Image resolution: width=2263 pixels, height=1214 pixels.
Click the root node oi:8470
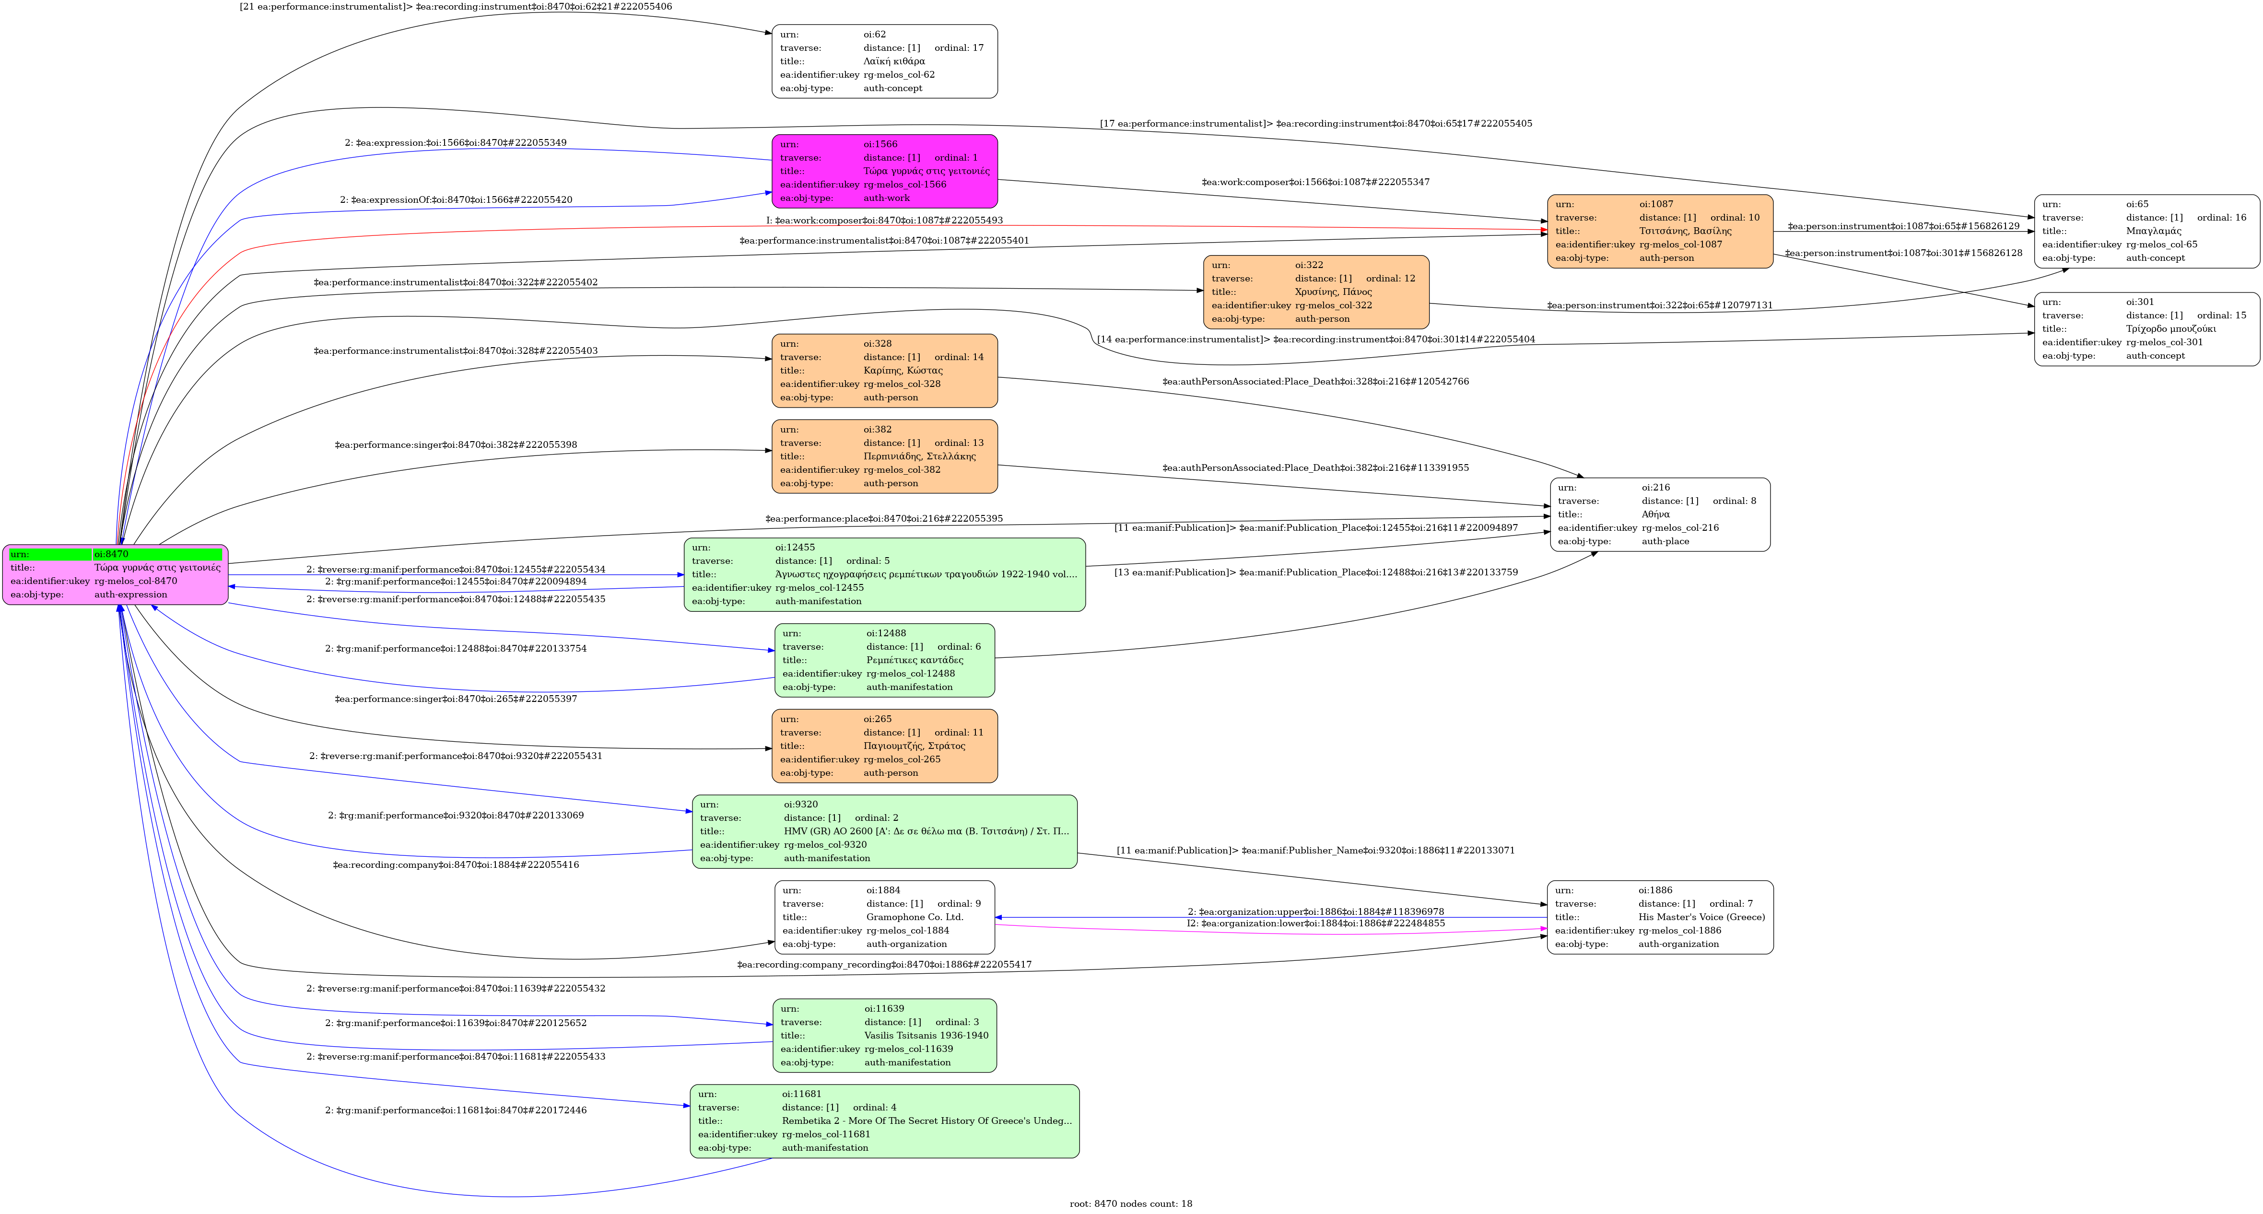pyautogui.click(x=115, y=574)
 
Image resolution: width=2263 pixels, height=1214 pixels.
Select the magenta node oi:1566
pyautogui.click(x=885, y=171)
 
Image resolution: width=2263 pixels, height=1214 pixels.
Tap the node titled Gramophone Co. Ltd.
pyautogui.click(x=885, y=917)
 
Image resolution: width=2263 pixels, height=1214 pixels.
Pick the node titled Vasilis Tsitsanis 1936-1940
pyautogui.click(x=885, y=1036)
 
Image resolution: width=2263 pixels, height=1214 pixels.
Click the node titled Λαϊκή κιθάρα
pyautogui.click(x=885, y=61)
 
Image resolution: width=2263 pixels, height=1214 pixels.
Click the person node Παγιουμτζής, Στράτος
pyautogui.click(x=885, y=746)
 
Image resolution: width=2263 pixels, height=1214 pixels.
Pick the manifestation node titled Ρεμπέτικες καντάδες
pyautogui.click(x=885, y=661)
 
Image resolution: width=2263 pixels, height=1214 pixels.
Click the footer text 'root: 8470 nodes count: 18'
pyautogui.click(x=1131, y=1203)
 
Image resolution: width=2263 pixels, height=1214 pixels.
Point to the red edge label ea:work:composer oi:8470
pyautogui.click(x=885, y=221)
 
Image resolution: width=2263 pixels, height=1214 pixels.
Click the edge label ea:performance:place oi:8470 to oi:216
pyautogui.click(x=884, y=518)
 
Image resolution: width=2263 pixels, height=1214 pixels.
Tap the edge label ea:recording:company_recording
pyautogui.click(x=884, y=965)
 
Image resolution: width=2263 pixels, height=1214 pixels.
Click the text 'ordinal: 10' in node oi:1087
pyautogui.click(x=1735, y=218)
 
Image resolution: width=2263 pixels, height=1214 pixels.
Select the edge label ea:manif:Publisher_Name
pyautogui.click(x=1315, y=850)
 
